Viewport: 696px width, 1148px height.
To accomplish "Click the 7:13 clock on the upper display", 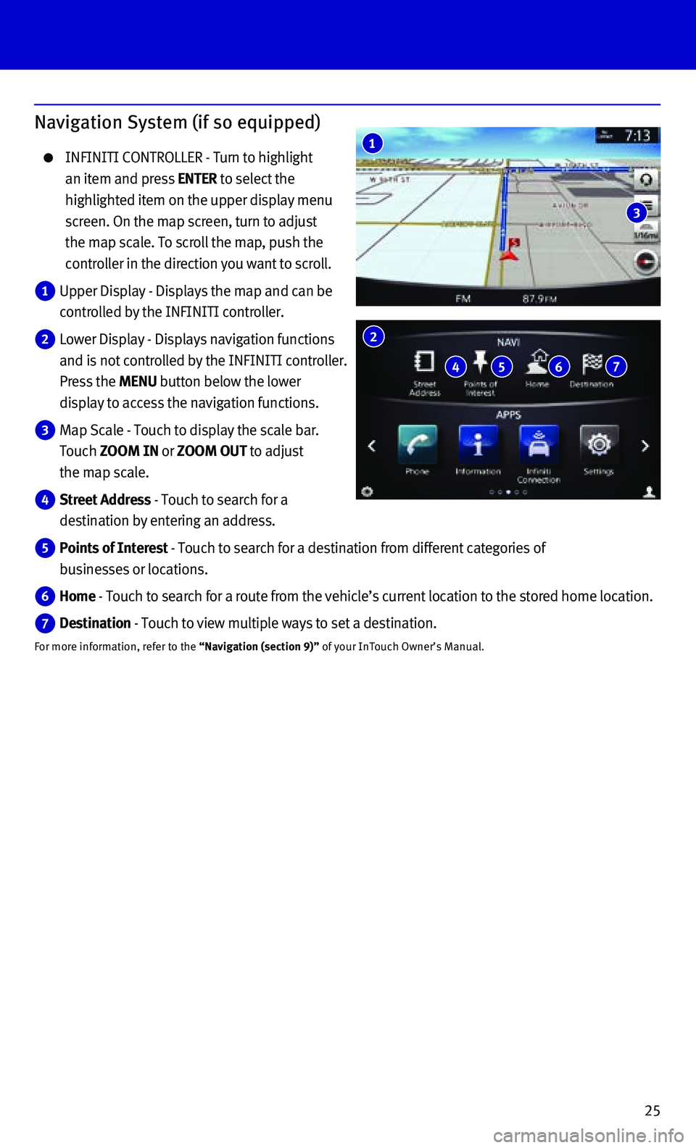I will coord(637,136).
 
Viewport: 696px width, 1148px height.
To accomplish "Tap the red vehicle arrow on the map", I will coord(510,254).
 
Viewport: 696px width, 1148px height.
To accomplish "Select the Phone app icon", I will coord(418,444).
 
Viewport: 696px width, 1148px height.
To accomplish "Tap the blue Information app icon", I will coord(478,444).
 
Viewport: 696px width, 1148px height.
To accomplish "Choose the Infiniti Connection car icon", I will coord(539,444).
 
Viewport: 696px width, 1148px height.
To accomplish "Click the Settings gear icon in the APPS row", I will coord(599,444).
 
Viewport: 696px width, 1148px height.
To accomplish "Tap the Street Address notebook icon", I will coord(424,361).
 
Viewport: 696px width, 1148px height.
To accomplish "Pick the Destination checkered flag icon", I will coord(592,361).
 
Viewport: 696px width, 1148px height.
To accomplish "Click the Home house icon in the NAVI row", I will coord(538,360).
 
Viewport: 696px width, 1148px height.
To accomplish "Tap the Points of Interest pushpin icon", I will coord(480,360).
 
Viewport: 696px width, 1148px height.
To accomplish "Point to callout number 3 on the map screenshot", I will coord(637,213).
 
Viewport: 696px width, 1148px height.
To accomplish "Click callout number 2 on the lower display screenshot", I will coord(373,336).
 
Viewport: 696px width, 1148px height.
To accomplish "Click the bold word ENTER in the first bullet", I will coord(197,179).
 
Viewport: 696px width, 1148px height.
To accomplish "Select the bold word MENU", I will coord(138,382).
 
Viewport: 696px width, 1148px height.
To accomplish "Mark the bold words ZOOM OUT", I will coord(212,452).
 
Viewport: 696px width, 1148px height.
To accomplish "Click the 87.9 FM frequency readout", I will coord(539,299).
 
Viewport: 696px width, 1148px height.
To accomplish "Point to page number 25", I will coord(652,1110).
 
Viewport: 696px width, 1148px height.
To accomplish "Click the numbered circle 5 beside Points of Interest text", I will coord(45,549).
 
